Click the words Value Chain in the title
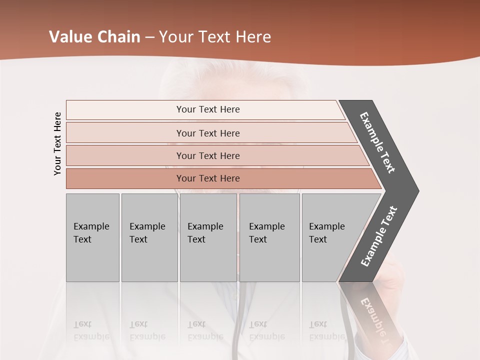pyautogui.click(x=94, y=37)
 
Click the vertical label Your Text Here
pyautogui.click(x=57, y=143)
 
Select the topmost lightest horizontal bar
pyautogui.click(x=125, y=109)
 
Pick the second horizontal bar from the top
pyautogui.click(x=125, y=133)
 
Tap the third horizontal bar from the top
pyautogui.click(x=125, y=155)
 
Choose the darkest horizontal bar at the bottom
pyautogui.click(x=125, y=178)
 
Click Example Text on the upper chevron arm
pyautogui.click(x=377, y=142)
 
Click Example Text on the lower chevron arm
pyautogui.click(x=379, y=236)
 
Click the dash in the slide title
pyautogui.click(x=149, y=37)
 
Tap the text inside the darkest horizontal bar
pyautogui.click(x=208, y=178)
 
